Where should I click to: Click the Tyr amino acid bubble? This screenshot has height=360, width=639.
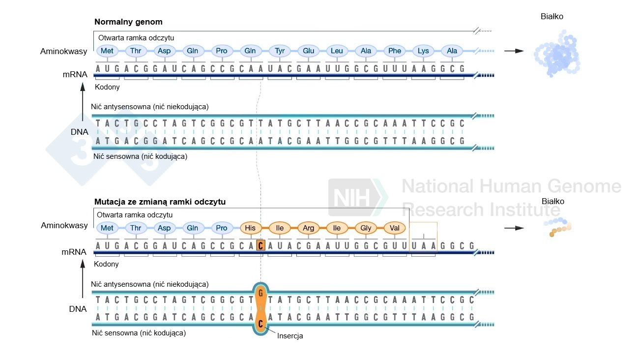tap(280, 51)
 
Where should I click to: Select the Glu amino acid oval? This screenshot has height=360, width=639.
tap(308, 51)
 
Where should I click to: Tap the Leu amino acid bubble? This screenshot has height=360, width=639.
tap(337, 51)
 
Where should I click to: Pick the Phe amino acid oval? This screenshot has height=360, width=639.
tap(395, 51)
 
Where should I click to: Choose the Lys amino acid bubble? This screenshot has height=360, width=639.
tap(423, 51)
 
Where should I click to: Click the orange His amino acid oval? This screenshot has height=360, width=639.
tap(251, 228)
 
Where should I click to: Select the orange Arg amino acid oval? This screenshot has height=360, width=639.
tap(308, 228)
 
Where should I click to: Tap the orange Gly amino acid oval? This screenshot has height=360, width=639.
tap(366, 228)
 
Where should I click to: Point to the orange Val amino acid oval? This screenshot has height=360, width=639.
tap(395, 228)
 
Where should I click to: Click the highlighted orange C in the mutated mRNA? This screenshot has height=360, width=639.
tap(261, 245)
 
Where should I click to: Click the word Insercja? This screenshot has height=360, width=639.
tap(290, 336)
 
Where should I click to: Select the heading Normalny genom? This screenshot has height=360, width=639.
tap(128, 22)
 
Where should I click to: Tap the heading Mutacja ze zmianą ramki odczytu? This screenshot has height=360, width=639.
tap(160, 202)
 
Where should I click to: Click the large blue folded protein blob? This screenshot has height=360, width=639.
tap(557, 54)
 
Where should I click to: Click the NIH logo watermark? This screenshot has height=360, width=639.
tap(356, 198)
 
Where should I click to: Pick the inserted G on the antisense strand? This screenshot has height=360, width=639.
tap(261, 293)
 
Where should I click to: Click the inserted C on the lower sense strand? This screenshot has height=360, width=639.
tap(261, 324)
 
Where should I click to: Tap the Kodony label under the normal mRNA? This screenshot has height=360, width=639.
tap(107, 87)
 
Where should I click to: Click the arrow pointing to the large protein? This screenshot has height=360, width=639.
tap(514, 51)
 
